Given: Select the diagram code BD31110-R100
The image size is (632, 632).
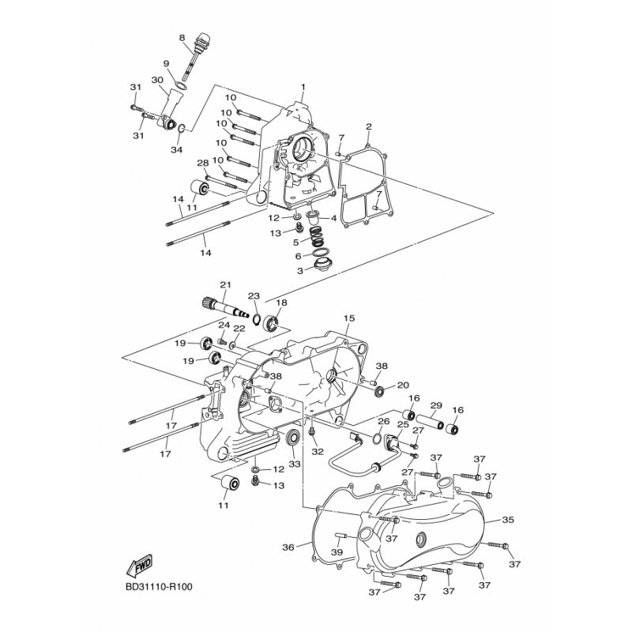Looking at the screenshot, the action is click(x=159, y=586).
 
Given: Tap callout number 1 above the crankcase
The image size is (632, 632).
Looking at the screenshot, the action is click(x=303, y=87).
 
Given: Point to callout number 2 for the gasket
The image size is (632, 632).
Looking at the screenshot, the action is click(x=368, y=126).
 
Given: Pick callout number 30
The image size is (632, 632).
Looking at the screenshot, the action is click(x=157, y=80).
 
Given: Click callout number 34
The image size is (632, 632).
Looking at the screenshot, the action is click(x=176, y=150).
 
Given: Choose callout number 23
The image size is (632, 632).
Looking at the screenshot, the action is click(x=254, y=296).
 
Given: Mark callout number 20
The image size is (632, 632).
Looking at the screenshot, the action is click(x=403, y=386).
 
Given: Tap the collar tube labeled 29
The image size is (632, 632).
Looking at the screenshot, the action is click(x=430, y=423).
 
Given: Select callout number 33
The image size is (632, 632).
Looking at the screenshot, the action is click(x=295, y=465).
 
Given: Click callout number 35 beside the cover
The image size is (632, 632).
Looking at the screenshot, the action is click(x=508, y=520).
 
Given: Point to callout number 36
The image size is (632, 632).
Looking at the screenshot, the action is click(x=288, y=547).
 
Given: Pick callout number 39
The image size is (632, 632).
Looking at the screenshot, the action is click(x=337, y=551).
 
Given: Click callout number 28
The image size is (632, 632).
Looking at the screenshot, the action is click(x=203, y=164).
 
